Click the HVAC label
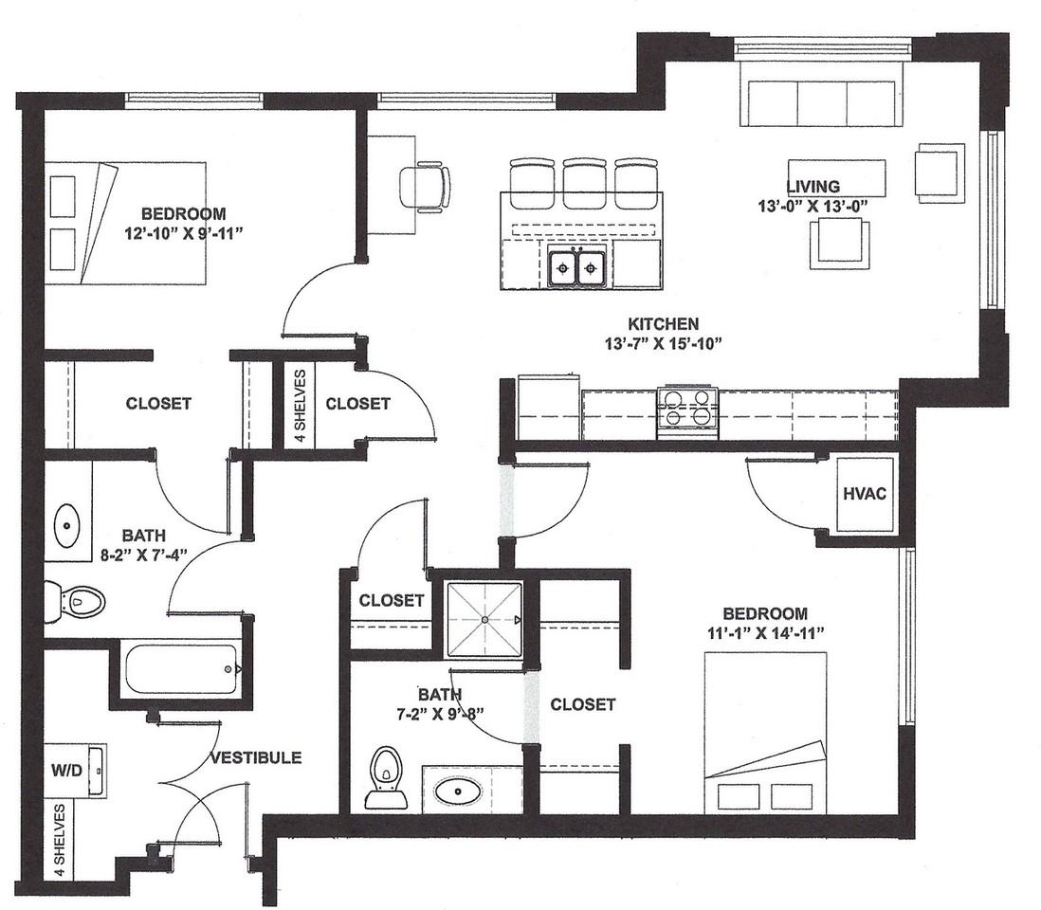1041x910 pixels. click(x=865, y=494)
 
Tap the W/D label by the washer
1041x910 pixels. click(x=67, y=770)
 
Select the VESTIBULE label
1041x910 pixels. click(x=256, y=757)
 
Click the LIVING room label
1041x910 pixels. click(x=813, y=187)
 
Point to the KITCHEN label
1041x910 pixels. click(x=664, y=324)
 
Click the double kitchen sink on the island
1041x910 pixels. click(x=576, y=267)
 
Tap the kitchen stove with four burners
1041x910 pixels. click(x=687, y=411)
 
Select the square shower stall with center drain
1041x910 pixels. click(x=484, y=619)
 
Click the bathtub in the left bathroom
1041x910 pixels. click(x=181, y=669)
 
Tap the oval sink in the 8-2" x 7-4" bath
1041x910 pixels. click(x=66, y=525)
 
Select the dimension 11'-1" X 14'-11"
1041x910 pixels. click(x=765, y=632)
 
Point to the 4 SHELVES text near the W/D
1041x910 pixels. click(x=60, y=840)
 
